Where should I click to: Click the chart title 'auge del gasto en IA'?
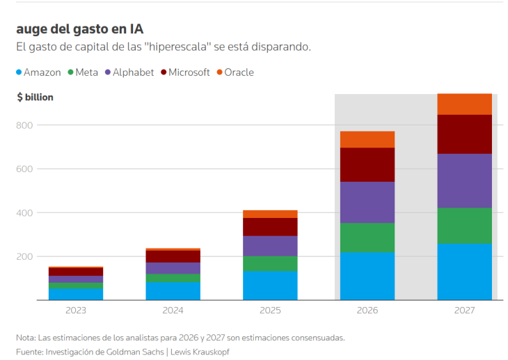click(80, 29)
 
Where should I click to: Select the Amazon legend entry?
click(38, 72)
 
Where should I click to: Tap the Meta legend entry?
click(83, 72)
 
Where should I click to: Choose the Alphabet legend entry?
click(129, 72)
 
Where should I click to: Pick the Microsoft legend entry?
click(185, 72)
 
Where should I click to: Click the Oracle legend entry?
click(235, 72)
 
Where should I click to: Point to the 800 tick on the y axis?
click(24, 125)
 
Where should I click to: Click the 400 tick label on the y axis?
click(24, 213)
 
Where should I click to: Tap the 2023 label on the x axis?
click(76, 311)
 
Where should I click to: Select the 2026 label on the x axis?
click(367, 311)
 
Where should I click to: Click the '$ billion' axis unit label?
click(35, 97)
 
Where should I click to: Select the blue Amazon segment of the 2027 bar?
click(465, 272)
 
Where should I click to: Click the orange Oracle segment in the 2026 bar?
click(367, 139)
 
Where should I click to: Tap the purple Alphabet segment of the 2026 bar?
click(367, 203)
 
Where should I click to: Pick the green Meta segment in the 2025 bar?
click(270, 264)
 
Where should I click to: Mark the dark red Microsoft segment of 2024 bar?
click(173, 256)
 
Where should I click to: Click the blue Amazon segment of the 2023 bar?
click(76, 295)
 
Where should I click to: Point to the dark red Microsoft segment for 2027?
click(465, 134)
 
